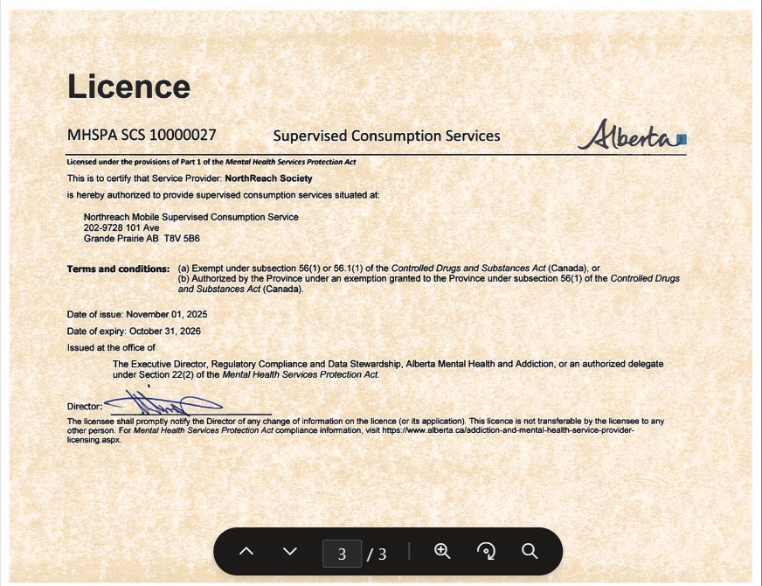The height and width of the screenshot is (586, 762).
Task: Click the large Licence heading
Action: click(128, 87)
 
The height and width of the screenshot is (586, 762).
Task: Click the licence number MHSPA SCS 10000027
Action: click(142, 135)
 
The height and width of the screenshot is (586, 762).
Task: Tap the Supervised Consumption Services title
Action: click(386, 136)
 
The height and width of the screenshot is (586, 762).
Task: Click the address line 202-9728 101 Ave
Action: click(121, 227)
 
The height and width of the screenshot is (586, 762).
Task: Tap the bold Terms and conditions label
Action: click(118, 269)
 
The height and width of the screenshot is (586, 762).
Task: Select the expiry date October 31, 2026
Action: click(164, 331)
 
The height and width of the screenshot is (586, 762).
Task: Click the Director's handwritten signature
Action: click(162, 404)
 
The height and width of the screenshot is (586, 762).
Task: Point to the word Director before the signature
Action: click(84, 406)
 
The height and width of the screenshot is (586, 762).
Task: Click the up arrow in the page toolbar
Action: click(246, 552)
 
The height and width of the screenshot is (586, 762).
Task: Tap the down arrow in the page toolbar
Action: click(290, 552)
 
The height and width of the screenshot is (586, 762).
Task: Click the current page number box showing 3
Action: click(342, 553)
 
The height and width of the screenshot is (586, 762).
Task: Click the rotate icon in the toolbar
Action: click(487, 551)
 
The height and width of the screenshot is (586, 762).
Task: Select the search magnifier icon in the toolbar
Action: click(530, 551)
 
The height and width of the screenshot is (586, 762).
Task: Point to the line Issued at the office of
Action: click(111, 347)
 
